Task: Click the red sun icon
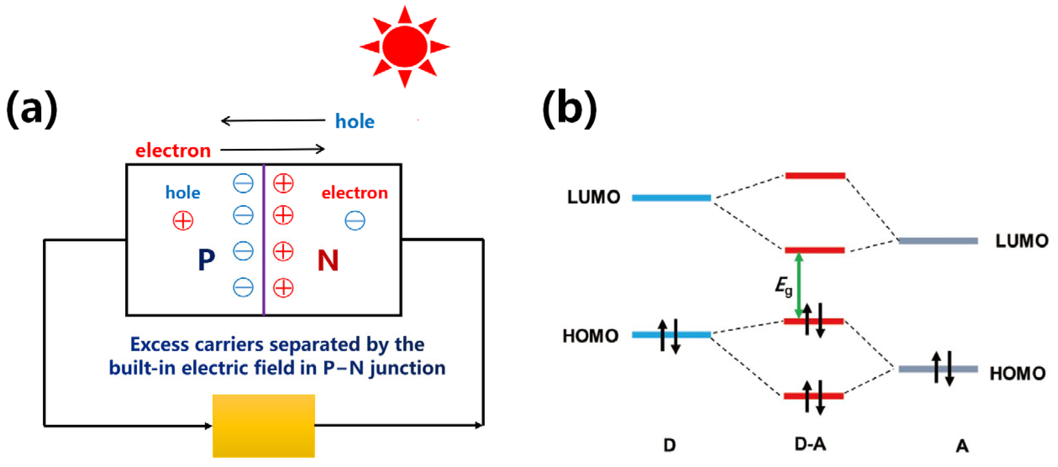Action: click(405, 46)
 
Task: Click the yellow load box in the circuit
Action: click(264, 425)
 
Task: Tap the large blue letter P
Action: click(206, 260)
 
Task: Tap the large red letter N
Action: click(328, 260)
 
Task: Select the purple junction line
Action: click(264, 240)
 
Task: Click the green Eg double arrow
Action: click(799, 286)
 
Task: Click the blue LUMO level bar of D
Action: click(671, 198)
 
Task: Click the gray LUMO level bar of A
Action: click(938, 241)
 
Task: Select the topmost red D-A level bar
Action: click(815, 176)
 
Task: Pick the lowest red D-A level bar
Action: click(814, 396)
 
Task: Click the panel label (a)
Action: click(32, 109)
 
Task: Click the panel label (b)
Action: click(570, 109)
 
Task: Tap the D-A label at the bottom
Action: click(810, 444)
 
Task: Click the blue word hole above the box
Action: click(355, 122)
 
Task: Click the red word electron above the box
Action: click(173, 151)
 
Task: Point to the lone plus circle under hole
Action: click(183, 221)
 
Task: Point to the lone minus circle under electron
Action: click(355, 221)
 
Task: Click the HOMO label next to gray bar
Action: click(1017, 373)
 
